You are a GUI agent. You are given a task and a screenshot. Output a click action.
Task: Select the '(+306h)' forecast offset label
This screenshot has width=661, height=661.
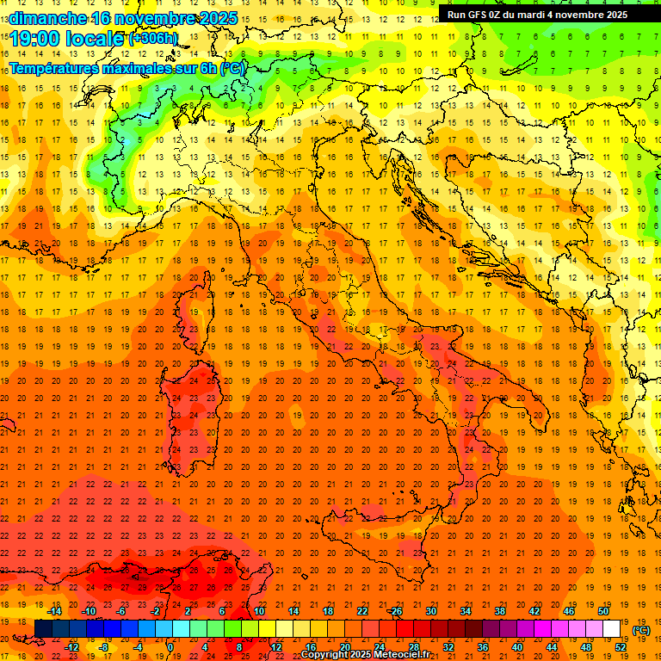click(x=153, y=39)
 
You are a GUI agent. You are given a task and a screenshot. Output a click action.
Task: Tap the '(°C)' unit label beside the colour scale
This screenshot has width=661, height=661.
click(x=641, y=630)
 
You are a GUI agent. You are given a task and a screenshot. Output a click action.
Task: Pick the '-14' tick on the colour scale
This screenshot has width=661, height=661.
click(x=53, y=611)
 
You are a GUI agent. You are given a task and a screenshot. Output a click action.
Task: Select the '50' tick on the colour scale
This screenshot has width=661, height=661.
click(x=603, y=611)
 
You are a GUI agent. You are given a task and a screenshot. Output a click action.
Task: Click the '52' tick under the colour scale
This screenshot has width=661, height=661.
click(x=621, y=646)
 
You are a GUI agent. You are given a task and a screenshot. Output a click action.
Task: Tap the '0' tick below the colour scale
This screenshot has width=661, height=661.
click(x=170, y=646)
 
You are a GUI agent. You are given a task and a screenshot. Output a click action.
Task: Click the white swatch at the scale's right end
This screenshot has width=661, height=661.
click(x=612, y=629)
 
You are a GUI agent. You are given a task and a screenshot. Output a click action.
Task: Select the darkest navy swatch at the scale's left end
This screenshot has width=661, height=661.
click(x=44, y=629)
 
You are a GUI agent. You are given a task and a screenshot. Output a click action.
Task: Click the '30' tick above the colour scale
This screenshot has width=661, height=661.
click(x=430, y=611)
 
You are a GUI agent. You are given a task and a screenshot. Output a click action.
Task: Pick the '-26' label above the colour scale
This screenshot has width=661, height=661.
click(x=395, y=611)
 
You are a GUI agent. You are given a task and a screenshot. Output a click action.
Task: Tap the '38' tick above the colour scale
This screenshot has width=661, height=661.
click(x=499, y=611)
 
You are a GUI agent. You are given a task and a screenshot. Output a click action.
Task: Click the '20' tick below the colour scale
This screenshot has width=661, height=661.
click(x=344, y=646)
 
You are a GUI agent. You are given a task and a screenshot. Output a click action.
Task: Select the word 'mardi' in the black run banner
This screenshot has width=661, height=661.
click(x=543, y=15)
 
